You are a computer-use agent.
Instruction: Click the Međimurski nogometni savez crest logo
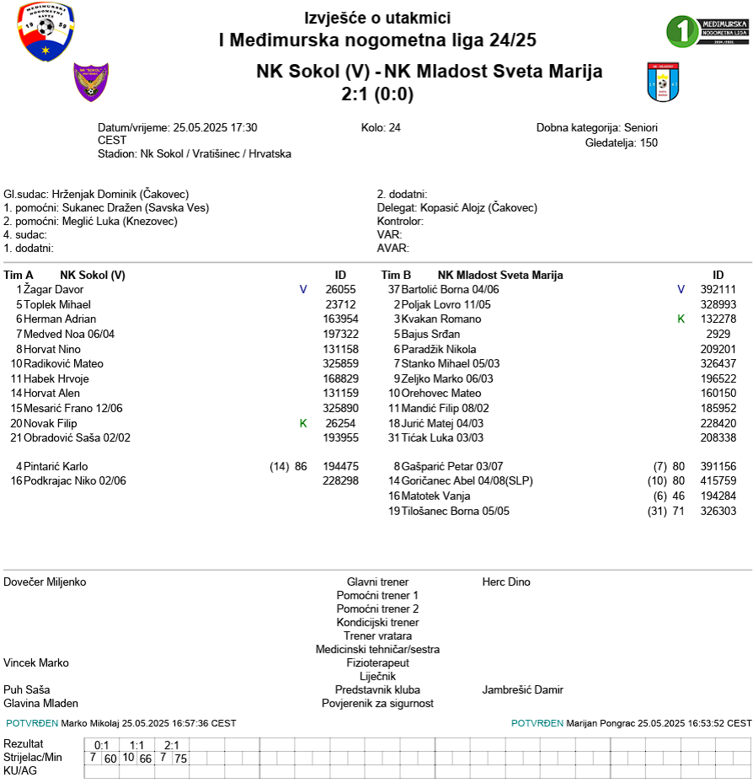click(x=46, y=32)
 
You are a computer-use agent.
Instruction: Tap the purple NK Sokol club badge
click(x=91, y=81)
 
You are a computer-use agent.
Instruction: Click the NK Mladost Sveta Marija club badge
click(x=663, y=82)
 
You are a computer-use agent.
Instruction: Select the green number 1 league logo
click(x=706, y=31)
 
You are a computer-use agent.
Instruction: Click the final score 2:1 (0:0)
click(x=377, y=94)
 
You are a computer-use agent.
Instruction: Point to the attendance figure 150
click(x=649, y=142)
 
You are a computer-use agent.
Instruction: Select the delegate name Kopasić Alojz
click(x=451, y=207)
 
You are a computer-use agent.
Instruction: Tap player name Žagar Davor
click(x=54, y=290)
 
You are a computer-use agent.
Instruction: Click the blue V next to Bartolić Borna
click(x=681, y=290)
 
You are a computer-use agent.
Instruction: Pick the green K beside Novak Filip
click(x=303, y=423)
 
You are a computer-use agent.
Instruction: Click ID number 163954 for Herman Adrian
click(x=341, y=319)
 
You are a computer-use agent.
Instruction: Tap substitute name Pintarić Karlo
click(x=56, y=466)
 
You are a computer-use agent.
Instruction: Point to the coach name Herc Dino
click(x=506, y=582)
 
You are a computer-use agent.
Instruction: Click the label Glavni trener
click(x=377, y=582)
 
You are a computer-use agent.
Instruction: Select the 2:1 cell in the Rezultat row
click(x=172, y=745)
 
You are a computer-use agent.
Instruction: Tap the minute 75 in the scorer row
click(x=180, y=759)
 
